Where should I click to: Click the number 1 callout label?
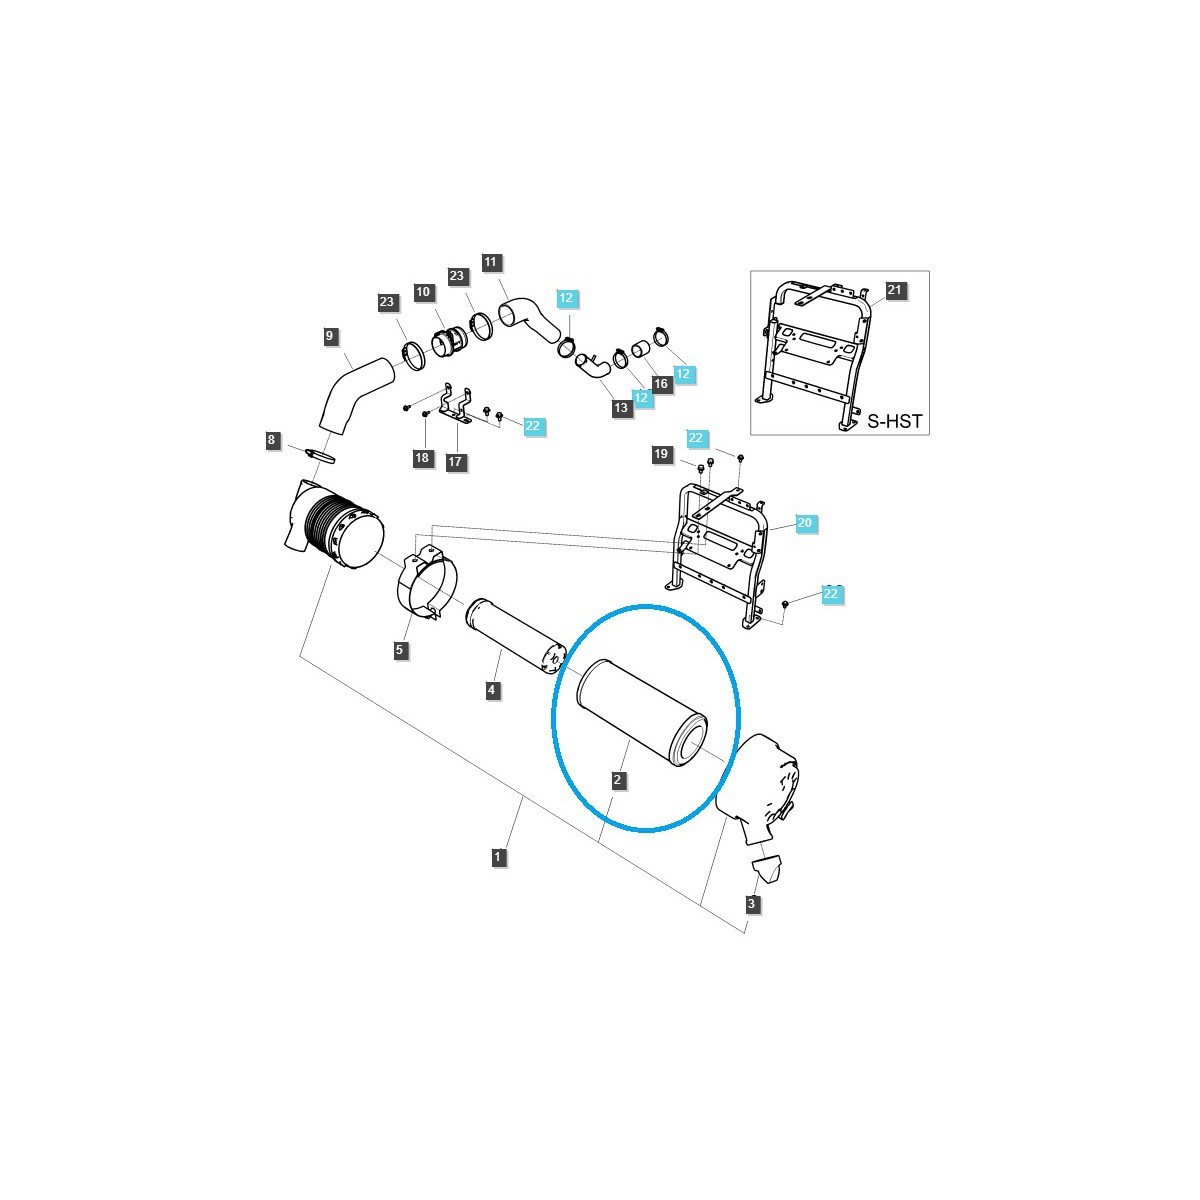pos(498,856)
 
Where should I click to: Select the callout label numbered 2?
pos(619,779)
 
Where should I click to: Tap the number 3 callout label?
pos(752,904)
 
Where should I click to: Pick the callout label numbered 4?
pos(492,690)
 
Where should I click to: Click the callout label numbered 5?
pos(400,650)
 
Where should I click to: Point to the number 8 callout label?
pos(271,440)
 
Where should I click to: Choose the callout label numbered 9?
pos(330,337)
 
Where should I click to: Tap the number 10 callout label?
pos(423,292)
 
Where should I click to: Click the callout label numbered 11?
pos(490,263)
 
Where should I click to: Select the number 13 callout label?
pos(621,407)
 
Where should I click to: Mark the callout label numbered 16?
pos(660,384)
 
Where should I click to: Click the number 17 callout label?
pos(456,461)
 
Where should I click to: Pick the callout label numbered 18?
pos(422,458)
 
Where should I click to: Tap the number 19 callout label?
pos(661,454)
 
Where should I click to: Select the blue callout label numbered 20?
pos(805,523)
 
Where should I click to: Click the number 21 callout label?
pos(894,291)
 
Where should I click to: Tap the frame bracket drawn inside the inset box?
pos(815,350)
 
